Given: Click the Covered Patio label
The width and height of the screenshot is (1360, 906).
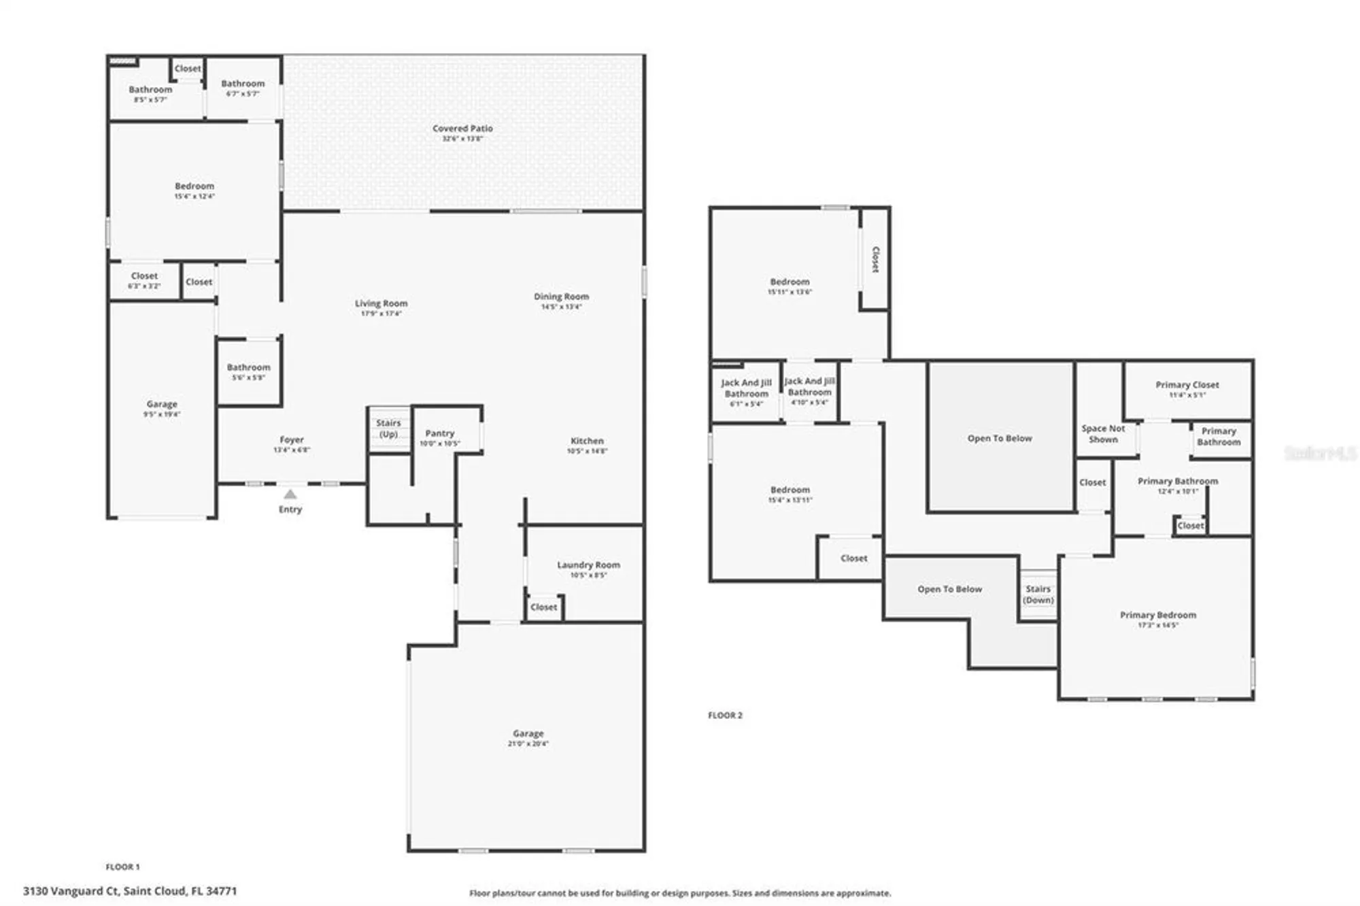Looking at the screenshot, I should (x=462, y=129).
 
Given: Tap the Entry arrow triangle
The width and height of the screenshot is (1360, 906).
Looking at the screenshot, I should (x=290, y=494).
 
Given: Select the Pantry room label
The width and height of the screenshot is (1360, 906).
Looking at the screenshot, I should (x=440, y=433).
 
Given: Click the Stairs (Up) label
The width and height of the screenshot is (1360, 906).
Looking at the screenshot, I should (x=388, y=429).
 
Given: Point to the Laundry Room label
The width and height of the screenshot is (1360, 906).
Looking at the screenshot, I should (x=588, y=565).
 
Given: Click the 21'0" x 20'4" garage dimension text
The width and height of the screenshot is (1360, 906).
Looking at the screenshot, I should (x=528, y=744).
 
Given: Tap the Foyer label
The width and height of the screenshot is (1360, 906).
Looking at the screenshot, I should (x=292, y=440).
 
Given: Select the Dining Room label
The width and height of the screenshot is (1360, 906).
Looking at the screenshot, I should (x=561, y=297).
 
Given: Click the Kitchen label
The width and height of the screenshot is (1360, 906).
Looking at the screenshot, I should (x=587, y=441).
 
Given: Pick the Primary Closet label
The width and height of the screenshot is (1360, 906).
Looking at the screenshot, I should (x=1187, y=385).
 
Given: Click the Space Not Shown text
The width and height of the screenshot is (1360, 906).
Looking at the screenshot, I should (x=1103, y=434).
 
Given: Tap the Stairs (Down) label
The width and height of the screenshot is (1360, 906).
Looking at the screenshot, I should (x=1038, y=594).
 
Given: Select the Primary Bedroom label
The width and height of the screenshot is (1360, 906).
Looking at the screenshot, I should (x=1157, y=615).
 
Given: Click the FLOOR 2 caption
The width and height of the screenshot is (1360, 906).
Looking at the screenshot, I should (x=725, y=716).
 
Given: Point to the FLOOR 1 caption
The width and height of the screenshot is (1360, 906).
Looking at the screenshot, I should (x=122, y=867).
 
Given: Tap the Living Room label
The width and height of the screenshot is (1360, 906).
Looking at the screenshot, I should (x=381, y=304).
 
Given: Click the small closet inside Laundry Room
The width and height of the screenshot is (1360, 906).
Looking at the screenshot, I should (x=543, y=607).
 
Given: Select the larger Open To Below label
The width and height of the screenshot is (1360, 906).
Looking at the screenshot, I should (x=1000, y=439).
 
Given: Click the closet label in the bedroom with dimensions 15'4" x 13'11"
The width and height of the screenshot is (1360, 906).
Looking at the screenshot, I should (x=853, y=558).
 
